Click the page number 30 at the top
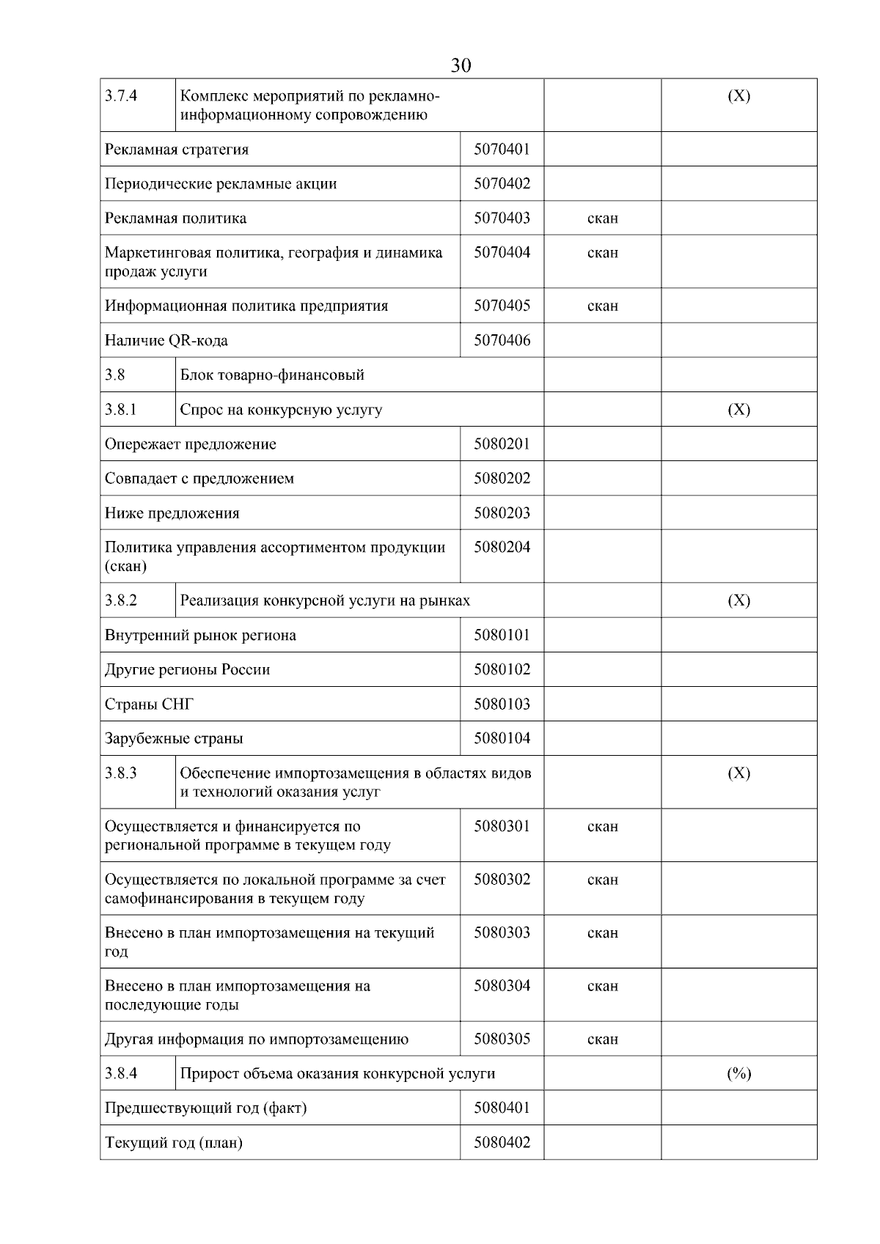tap(461, 66)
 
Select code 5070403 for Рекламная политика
tap(502, 218)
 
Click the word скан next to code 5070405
tap(602, 306)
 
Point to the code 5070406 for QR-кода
tap(502, 341)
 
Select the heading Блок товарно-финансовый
tap(272, 375)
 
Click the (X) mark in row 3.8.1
tap(738, 410)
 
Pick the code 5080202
tap(502, 479)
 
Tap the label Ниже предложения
tap(172, 513)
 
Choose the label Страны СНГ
tap(150, 704)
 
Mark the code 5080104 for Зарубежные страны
tap(502, 739)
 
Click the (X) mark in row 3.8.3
tap(738, 773)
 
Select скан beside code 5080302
tap(602, 880)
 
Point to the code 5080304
tap(502, 986)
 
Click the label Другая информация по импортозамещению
tap(257, 1039)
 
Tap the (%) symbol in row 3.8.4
tap(738, 1074)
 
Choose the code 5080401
tap(502, 1108)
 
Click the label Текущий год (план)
tap(174, 1143)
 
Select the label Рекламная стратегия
tap(177, 150)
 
